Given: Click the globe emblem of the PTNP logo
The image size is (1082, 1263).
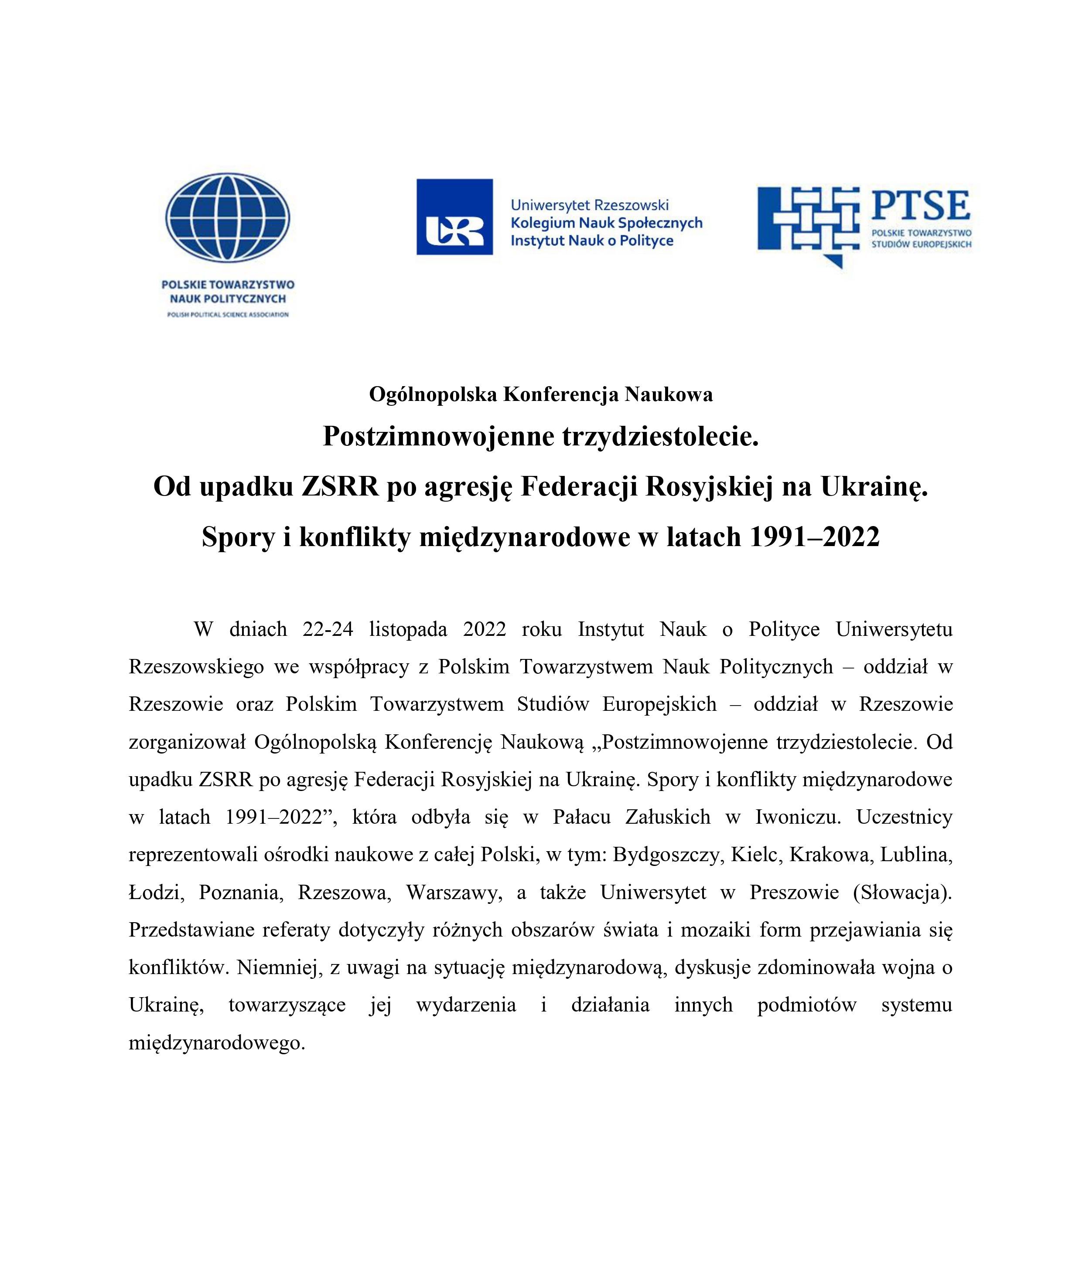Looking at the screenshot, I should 228,217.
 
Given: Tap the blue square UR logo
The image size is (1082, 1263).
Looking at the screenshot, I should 454,217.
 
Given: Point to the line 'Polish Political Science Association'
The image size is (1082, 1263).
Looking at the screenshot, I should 228,315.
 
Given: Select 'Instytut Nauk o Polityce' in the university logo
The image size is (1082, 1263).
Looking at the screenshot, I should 592,241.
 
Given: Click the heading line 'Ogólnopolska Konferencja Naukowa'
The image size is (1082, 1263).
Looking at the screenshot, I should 540,395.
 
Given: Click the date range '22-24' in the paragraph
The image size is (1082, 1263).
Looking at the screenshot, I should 328,629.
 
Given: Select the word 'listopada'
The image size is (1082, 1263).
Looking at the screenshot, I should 408,629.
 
